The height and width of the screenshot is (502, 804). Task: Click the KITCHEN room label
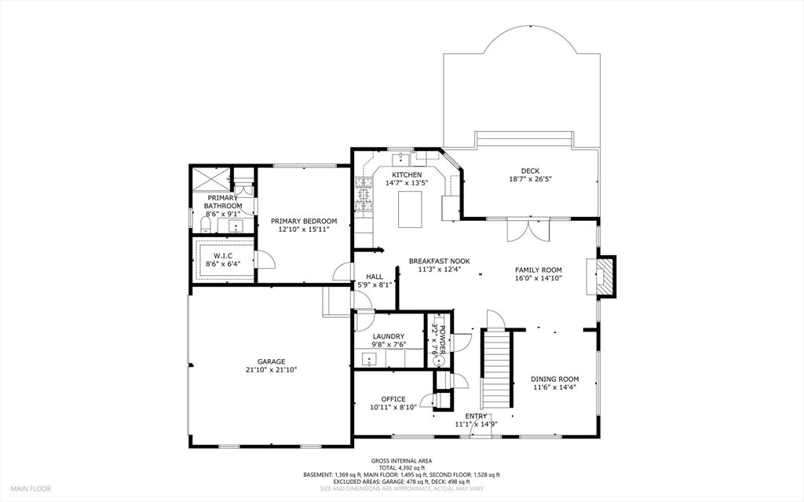tap(407, 175)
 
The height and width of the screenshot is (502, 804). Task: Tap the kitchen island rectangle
tap(410, 210)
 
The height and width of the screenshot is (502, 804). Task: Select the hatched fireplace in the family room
tap(606, 277)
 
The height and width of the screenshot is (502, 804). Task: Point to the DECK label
tap(530, 171)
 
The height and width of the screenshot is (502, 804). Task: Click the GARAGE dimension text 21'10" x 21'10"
tap(271, 369)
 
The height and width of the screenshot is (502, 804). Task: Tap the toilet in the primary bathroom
tap(206, 224)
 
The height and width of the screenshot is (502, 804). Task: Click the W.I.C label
tap(223, 255)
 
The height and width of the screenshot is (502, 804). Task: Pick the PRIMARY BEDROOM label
tap(304, 222)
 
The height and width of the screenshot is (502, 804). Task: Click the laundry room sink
tap(369, 359)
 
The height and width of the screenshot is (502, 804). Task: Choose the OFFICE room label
tap(393, 399)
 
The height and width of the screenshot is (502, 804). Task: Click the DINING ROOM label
tap(555, 379)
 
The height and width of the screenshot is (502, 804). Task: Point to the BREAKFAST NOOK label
tap(440, 262)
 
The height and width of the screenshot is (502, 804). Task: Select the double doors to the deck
tap(528, 229)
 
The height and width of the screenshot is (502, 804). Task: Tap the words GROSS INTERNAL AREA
tap(401, 461)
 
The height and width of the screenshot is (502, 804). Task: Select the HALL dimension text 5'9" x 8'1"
tap(375, 285)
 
